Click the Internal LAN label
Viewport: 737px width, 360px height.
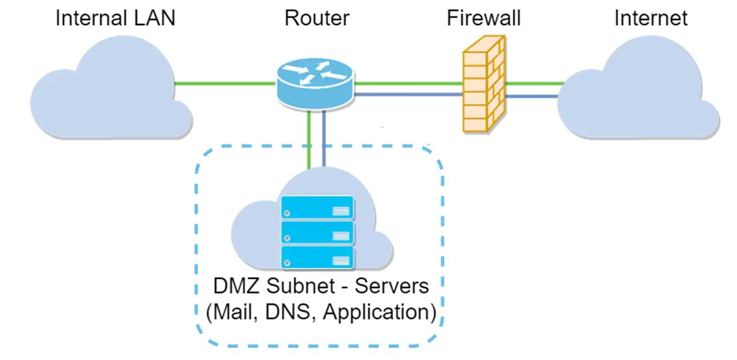pyautogui.click(x=115, y=18)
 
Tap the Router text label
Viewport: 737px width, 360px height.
pyautogui.click(x=317, y=18)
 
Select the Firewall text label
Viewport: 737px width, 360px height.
pyautogui.click(x=483, y=18)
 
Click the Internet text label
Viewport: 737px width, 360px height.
pyautogui.click(x=651, y=18)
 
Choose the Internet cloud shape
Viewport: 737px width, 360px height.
pyautogui.click(x=640, y=97)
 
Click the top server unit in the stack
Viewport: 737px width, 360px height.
pyautogui.click(x=318, y=207)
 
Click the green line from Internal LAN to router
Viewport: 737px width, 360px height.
pyautogui.click(x=225, y=84)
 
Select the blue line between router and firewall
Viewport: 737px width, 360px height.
pyautogui.click(x=409, y=95)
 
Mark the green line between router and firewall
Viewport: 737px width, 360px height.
pyautogui.click(x=409, y=84)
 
